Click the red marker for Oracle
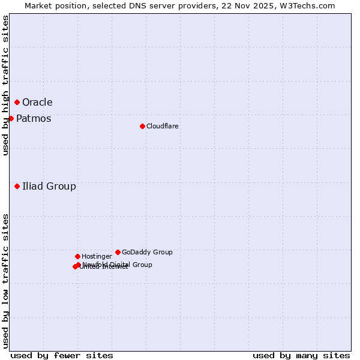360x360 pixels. [17, 102]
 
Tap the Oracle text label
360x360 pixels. [37, 103]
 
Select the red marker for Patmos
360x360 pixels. [11, 118]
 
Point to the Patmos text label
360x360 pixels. [34, 119]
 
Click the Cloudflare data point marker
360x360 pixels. [142, 126]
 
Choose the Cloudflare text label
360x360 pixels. [163, 127]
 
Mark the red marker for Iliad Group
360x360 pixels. [17, 186]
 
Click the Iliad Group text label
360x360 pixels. [49, 187]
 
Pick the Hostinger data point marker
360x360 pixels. [77, 256]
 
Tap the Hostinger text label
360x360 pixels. [97, 257]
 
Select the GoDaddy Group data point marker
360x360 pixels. [118, 252]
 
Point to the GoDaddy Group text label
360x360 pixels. [147, 253]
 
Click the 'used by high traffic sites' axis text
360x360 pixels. [5, 85]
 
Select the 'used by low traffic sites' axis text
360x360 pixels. [5, 281]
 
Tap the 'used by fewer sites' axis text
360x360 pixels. [62, 355]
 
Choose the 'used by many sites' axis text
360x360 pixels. [301, 355]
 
